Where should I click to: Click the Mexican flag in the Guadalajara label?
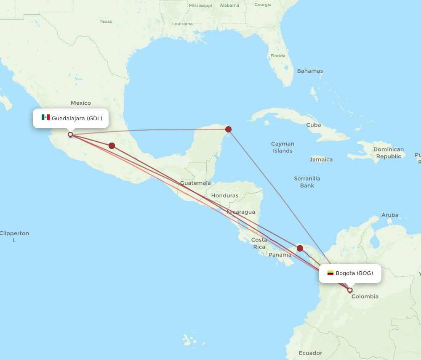(x=45, y=118)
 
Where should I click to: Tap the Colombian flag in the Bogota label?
(x=330, y=273)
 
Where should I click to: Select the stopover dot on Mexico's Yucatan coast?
(x=228, y=129)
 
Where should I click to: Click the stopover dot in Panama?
(x=300, y=248)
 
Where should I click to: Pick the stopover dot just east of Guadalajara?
(x=112, y=146)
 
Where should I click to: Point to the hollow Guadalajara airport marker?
(x=70, y=135)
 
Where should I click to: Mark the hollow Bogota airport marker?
(x=350, y=290)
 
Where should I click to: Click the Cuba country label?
(x=314, y=125)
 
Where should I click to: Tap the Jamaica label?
(x=321, y=159)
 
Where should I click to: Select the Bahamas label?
(x=310, y=71)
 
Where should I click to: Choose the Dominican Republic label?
(x=389, y=153)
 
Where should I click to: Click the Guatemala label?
(x=195, y=183)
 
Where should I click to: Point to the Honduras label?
(x=224, y=196)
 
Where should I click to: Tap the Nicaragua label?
(x=241, y=212)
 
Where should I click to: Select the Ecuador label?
(x=310, y=353)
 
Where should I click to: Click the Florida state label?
(x=278, y=56)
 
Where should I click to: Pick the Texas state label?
(x=106, y=21)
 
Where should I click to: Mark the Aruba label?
(x=390, y=215)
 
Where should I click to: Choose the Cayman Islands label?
(x=282, y=147)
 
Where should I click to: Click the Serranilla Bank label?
(x=307, y=182)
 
